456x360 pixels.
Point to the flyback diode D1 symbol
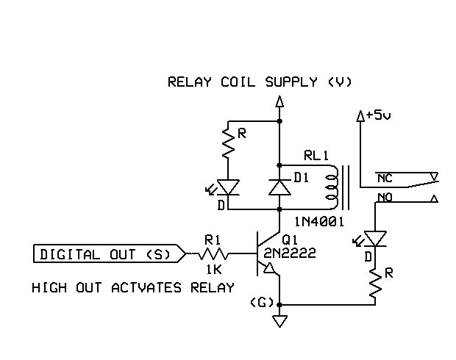click(x=279, y=187)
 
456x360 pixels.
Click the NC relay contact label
click(x=384, y=178)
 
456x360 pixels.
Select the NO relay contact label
click(x=384, y=197)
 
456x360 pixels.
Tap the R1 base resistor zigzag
click(x=213, y=254)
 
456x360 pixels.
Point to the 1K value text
click(x=213, y=270)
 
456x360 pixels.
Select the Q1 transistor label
click(x=290, y=240)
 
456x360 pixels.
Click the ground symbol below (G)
click(x=279, y=321)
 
